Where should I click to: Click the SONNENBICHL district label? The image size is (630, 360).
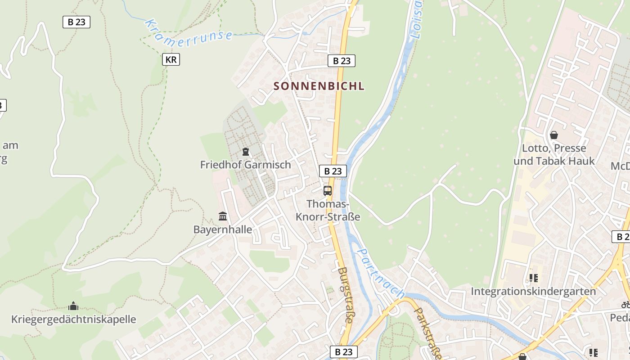coord(319,86)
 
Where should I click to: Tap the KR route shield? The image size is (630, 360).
coord(171,59)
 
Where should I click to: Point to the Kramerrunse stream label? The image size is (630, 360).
coord(189,30)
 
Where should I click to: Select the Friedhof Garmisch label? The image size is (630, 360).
coord(246,165)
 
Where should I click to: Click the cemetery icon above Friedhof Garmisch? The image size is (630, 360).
coord(246,152)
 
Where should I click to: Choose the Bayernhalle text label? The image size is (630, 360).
coord(223,229)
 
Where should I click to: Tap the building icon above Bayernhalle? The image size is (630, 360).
coord(223,216)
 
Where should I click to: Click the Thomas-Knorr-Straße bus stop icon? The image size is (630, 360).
coord(328,190)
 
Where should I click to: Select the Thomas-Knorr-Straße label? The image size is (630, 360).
coord(328,210)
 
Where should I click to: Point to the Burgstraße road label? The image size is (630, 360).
coord(345,295)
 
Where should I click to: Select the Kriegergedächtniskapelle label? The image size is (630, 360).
coord(73,319)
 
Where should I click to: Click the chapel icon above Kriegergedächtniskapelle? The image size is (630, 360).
coord(73,306)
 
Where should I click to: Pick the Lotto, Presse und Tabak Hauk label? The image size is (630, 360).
coord(554,154)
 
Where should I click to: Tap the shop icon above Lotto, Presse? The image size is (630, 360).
coord(554,135)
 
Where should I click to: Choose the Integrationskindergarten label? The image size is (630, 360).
coord(533,291)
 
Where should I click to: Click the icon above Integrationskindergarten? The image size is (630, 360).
coord(534,278)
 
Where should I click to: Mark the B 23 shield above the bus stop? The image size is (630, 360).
coord(333,171)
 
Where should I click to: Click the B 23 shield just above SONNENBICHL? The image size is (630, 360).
coord(342,61)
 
